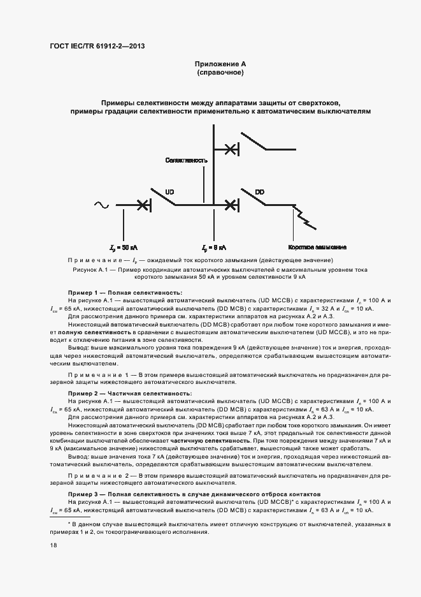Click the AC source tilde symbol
(101, 205)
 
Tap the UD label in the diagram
(169, 191)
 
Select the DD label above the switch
(259, 191)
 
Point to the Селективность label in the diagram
(186, 160)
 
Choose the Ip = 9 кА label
(215, 247)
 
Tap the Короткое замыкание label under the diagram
(317, 247)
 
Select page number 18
(53, 545)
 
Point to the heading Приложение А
(220, 64)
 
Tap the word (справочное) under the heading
(220, 73)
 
